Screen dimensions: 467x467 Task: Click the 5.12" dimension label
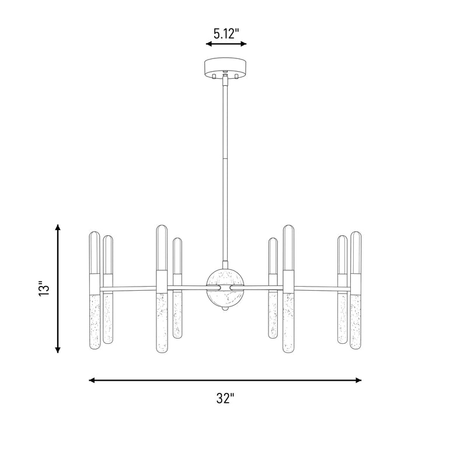tap(226, 33)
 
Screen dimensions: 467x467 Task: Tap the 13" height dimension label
tap(44, 288)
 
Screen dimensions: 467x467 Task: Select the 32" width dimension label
tap(225, 398)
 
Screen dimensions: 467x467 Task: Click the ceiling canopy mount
tap(225, 67)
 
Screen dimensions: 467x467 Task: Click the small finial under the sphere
tap(225, 309)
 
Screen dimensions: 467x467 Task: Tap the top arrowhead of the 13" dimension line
tap(58, 227)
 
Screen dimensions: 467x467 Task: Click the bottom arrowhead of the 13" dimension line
tap(58, 350)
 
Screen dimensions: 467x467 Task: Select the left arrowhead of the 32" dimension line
tap(92, 381)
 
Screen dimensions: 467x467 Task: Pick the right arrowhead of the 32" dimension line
tap(358, 381)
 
